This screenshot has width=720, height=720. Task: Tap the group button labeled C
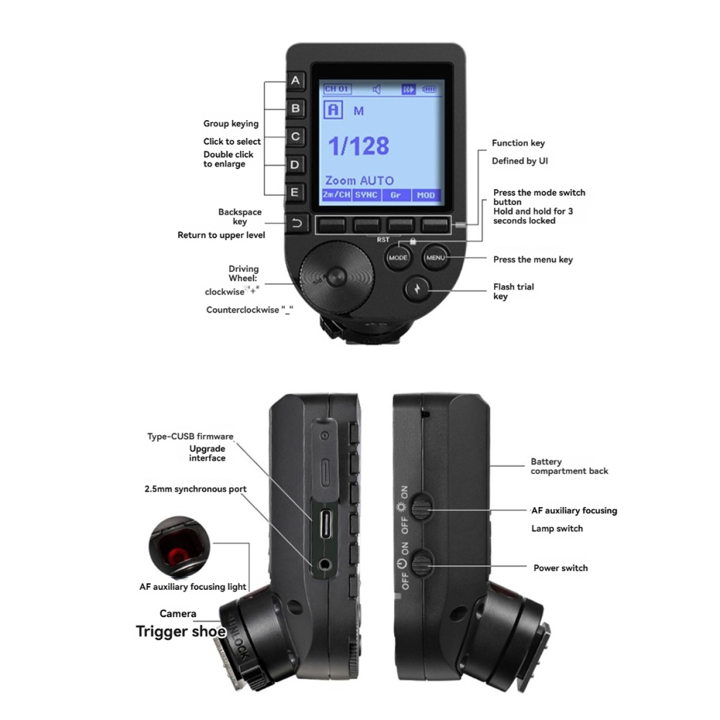[295, 137]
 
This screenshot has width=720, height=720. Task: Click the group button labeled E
[295, 193]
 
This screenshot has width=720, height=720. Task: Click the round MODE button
[398, 257]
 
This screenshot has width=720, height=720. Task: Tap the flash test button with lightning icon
[417, 289]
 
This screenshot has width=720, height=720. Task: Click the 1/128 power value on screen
[359, 146]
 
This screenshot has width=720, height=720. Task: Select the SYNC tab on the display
[367, 195]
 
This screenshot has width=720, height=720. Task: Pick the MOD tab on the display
[426, 195]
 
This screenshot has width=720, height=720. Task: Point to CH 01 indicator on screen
[337, 89]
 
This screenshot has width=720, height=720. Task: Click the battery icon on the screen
[429, 89]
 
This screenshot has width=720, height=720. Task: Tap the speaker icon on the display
[377, 89]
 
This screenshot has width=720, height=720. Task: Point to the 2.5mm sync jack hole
[325, 564]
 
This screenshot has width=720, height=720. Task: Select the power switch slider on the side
[420, 564]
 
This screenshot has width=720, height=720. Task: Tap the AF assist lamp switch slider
[420, 507]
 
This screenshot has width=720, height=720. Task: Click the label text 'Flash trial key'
[513, 292]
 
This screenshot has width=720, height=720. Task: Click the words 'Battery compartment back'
[569, 466]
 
